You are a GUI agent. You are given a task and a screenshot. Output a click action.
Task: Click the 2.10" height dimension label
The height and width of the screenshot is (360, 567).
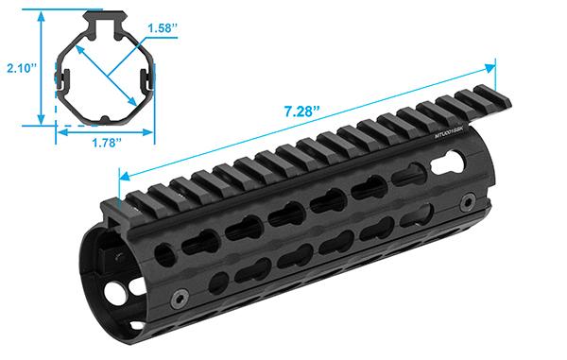tap(19, 68)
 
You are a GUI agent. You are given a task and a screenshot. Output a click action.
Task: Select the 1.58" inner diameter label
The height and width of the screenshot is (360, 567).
tap(162, 29)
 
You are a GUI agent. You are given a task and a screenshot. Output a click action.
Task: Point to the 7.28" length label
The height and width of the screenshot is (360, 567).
tap(299, 111)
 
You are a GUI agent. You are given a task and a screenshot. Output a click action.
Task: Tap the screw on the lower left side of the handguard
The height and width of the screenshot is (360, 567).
tap(176, 299)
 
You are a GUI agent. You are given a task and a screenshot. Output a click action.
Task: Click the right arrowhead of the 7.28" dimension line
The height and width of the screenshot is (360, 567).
tap(490, 68)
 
